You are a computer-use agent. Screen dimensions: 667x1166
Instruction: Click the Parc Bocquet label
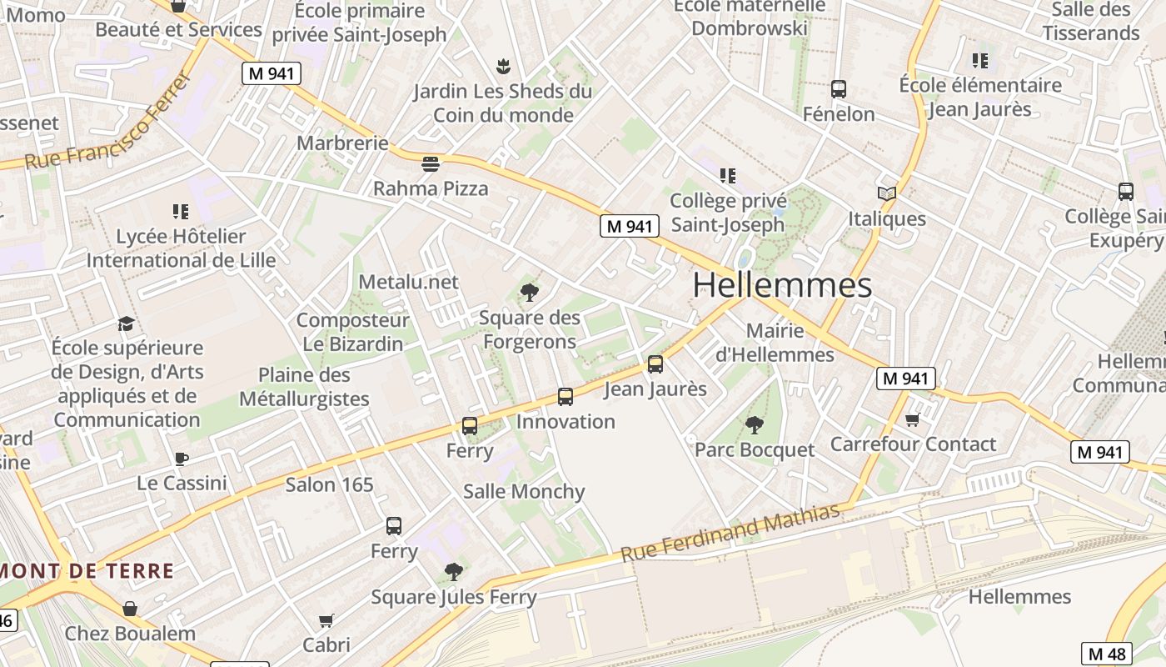point(755,450)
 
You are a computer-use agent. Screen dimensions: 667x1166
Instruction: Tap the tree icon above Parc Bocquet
point(755,425)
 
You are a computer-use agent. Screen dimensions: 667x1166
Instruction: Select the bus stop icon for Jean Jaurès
point(655,364)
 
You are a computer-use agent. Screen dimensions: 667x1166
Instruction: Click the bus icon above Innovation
point(566,397)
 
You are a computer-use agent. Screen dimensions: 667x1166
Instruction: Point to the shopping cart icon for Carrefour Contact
point(913,419)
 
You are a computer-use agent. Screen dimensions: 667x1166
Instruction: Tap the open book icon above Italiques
point(887,193)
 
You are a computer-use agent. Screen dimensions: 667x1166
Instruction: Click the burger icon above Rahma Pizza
point(431,163)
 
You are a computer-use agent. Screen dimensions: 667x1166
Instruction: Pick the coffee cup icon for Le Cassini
point(182,459)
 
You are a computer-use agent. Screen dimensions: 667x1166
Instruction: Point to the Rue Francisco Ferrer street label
point(109,123)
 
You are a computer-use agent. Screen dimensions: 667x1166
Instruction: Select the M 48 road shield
point(1107,654)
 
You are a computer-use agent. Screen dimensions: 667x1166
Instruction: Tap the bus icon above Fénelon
point(839,89)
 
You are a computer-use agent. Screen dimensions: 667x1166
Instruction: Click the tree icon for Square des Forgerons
point(529,292)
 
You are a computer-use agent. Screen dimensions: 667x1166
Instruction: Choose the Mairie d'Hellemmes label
point(775,343)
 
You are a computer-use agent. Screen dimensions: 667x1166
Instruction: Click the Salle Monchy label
point(524,492)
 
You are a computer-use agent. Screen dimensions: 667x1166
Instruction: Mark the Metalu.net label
point(408,282)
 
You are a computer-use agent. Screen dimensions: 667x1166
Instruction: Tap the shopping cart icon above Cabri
point(326,620)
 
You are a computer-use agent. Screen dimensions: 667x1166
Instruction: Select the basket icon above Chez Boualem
point(130,609)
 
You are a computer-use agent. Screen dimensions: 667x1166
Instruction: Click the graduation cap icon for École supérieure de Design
point(127,323)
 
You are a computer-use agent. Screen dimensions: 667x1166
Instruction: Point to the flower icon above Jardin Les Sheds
point(502,66)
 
